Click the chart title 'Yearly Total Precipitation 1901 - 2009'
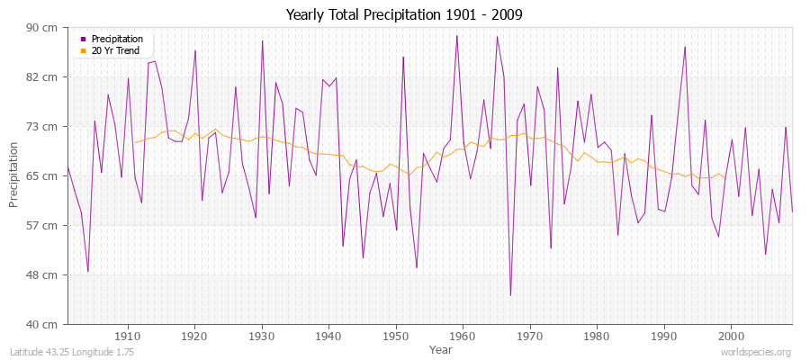(404, 15)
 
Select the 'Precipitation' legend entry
(117, 40)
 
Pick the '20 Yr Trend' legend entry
(115, 50)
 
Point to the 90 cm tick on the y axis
(44, 27)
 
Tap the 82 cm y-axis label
(44, 76)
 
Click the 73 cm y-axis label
(44, 126)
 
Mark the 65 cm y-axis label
(44, 175)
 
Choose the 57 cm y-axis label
(44, 225)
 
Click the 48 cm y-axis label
(44, 274)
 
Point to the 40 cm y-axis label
(44, 324)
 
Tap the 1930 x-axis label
(261, 336)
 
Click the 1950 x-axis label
(395, 336)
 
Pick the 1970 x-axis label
(529, 336)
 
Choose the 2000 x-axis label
(731, 336)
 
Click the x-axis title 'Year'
(440, 348)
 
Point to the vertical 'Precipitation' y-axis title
(14, 175)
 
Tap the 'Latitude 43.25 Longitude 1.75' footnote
(72, 353)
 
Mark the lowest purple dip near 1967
(510, 295)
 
